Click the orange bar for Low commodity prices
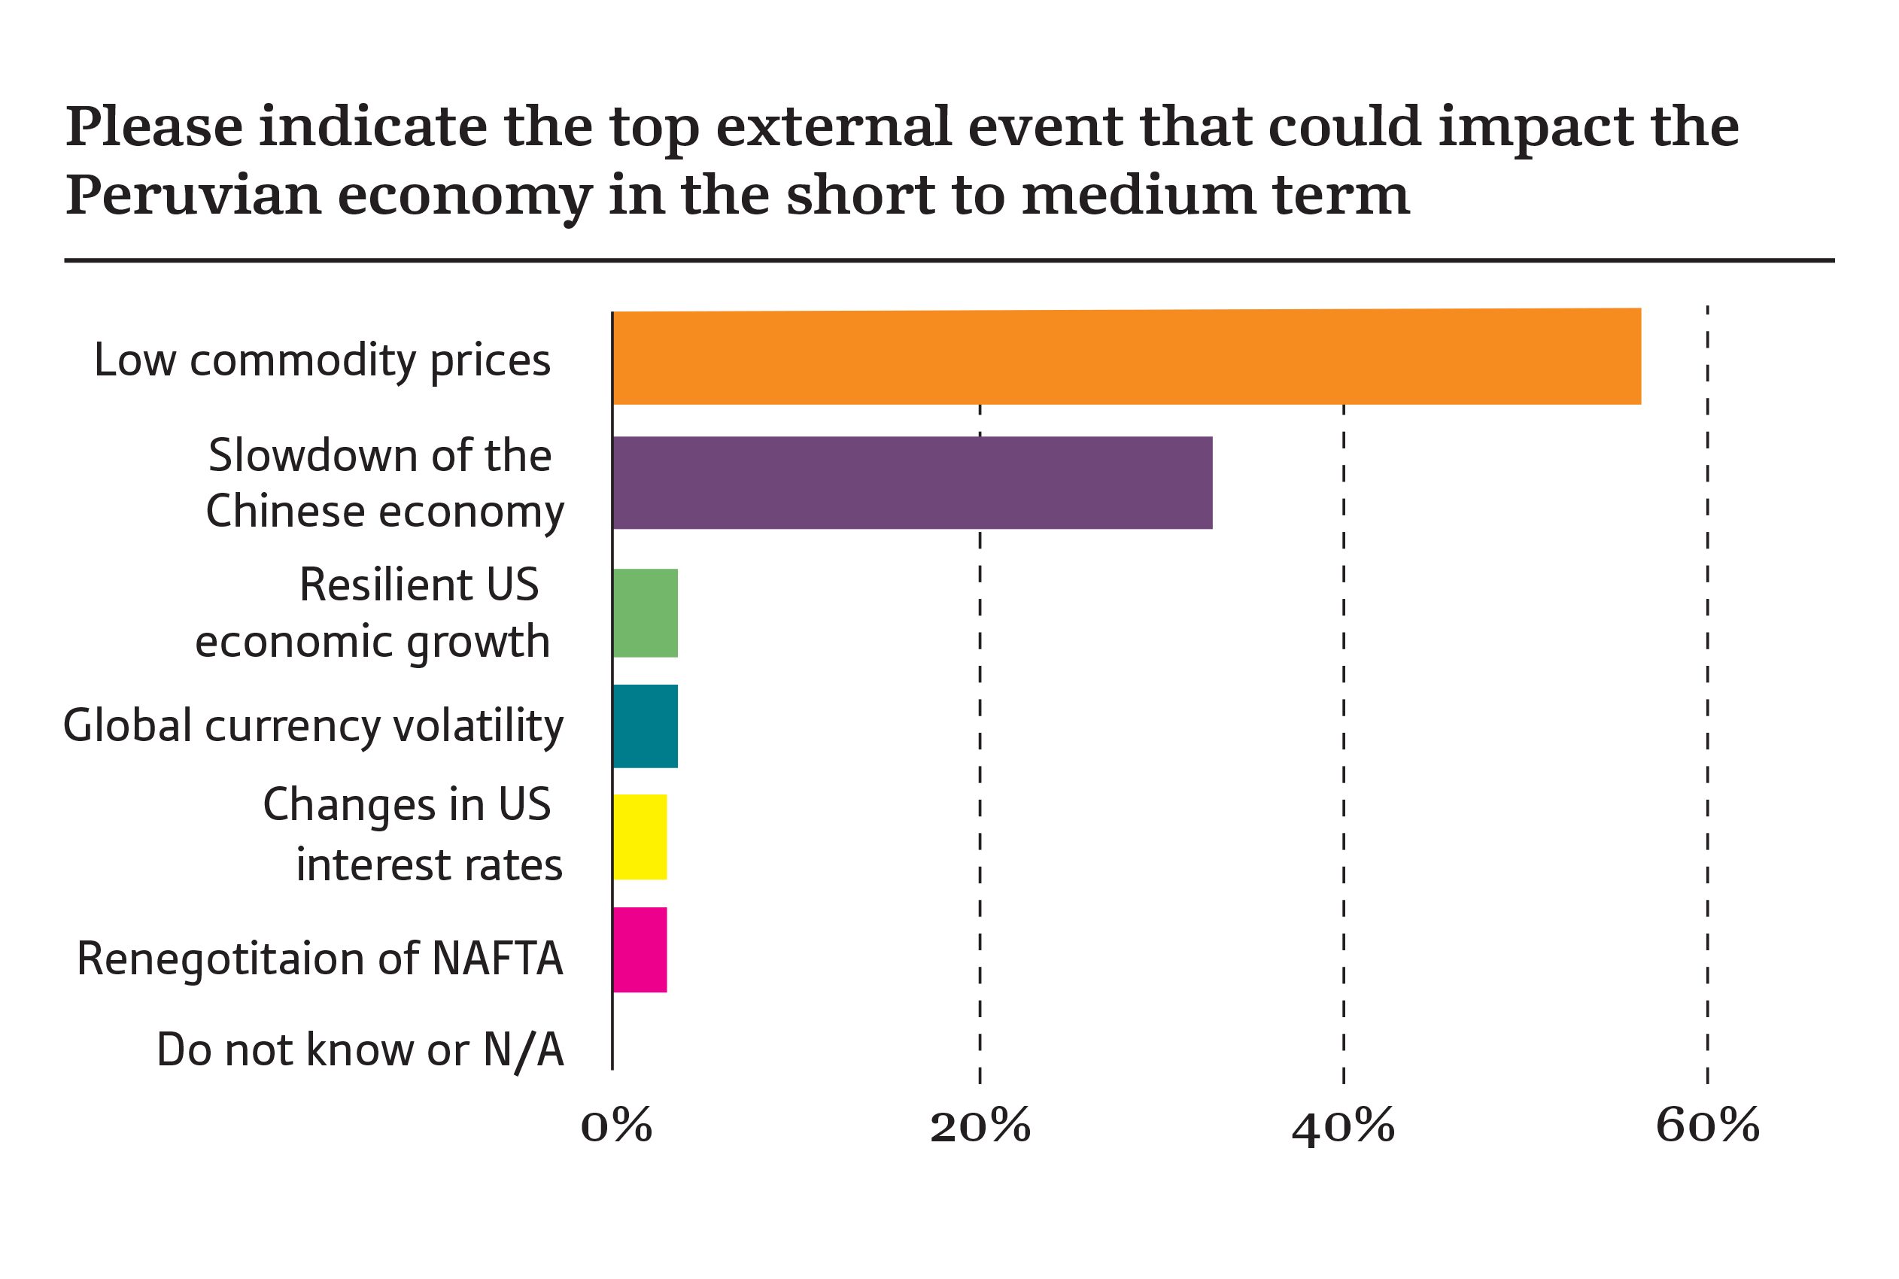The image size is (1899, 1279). pos(1126,357)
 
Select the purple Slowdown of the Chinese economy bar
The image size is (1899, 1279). pos(912,483)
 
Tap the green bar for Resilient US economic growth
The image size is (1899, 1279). pos(646,612)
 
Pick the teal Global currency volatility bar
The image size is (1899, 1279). pos(646,726)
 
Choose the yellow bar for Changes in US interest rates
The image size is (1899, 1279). pos(640,837)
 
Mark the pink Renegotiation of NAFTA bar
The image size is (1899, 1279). pos(640,949)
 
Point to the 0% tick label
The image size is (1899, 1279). pos(616,1126)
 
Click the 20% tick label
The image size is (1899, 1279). pos(980,1126)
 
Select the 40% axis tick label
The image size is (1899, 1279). pos(1344,1126)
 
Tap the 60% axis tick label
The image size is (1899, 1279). pos(1707,1126)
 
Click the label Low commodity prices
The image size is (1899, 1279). pos(322,360)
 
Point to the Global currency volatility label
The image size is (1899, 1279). pos(313,726)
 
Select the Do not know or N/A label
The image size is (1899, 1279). pos(360,1050)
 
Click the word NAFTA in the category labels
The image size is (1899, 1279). pos(497,958)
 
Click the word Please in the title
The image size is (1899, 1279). pos(153,127)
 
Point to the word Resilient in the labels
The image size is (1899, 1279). pos(386,585)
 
